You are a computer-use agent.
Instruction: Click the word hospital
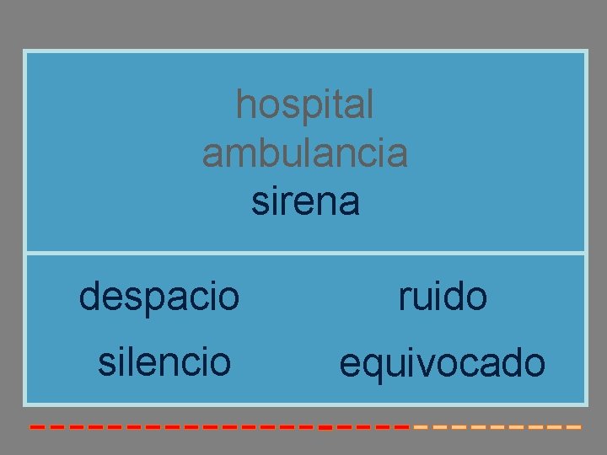coord(304,105)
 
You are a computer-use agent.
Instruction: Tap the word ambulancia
coord(304,153)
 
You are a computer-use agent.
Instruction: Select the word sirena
coord(305,201)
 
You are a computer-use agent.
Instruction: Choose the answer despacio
coord(159,297)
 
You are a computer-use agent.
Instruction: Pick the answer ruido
coord(443,297)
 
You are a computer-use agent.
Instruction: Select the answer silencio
coord(164,362)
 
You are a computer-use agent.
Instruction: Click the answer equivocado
coord(442,365)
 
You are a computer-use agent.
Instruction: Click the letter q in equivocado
coord(370,367)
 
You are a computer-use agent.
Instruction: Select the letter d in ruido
coord(456,297)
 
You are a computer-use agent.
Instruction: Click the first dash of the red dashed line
coord(37,427)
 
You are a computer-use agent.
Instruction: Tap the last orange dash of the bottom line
coord(573,427)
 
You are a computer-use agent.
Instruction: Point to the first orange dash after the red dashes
coord(422,427)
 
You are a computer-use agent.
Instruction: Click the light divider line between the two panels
coord(305,253)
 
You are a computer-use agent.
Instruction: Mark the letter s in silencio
coord(105,363)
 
